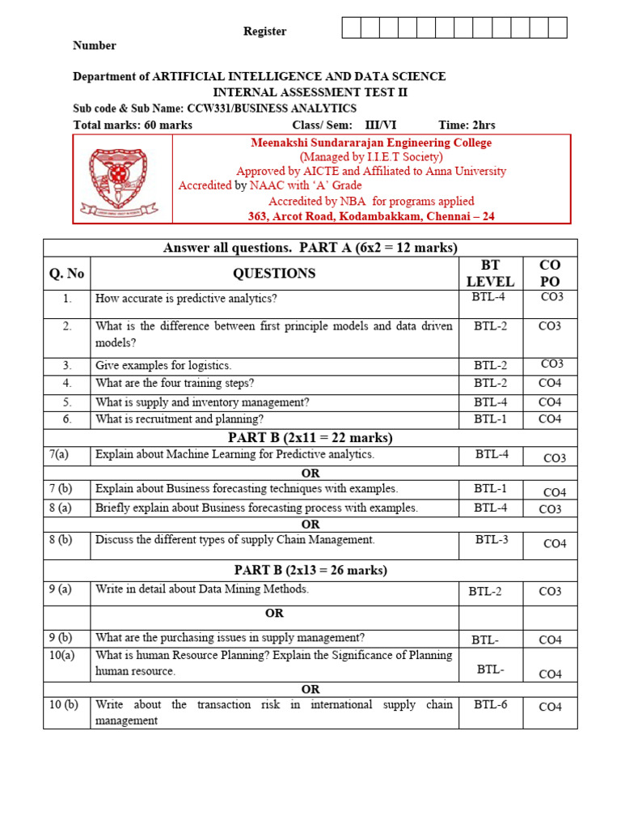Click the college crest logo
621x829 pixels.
pyautogui.click(x=123, y=179)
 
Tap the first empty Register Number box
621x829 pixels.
pyautogui.click(x=351, y=28)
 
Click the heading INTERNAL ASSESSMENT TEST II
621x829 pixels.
pyautogui.click(x=310, y=92)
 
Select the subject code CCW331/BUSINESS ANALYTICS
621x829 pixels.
pyautogui.click(x=272, y=108)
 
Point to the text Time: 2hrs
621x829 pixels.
pyautogui.click(x=467, y=125)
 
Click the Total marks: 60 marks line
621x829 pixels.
pyautogui.click(x=133, y=125)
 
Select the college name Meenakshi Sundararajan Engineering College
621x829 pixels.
pyautogui.click(x=371, y=142)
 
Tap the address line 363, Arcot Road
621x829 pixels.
pyautogui.click(x=371, y=216)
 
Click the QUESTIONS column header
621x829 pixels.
pyautogui.click(x=274, y=274)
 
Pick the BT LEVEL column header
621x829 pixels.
pyautogui.click(x=490, y=274)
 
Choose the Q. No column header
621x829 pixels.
pyautogui.click(x=66, y=274)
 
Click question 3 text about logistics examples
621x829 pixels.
pyautogui.click(x=163, y=365)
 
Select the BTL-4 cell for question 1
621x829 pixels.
pyautogui.click(x=490, y=297)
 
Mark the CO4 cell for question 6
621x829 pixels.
pyautogui.click(x=550, y=419)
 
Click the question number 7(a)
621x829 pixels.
pyautogui.click(x=60, y=455)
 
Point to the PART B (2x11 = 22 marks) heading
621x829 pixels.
pyautogui.click(x=310, y=438)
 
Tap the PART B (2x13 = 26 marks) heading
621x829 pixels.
pyautogui.click(x=310, y=570)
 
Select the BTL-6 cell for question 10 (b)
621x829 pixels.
pyautogui.click(x=491, y=704)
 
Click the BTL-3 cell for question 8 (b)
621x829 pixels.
pyautogui.click(x=492, y=539)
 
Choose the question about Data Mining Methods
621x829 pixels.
pyautogui.click(x=202, y=589)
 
